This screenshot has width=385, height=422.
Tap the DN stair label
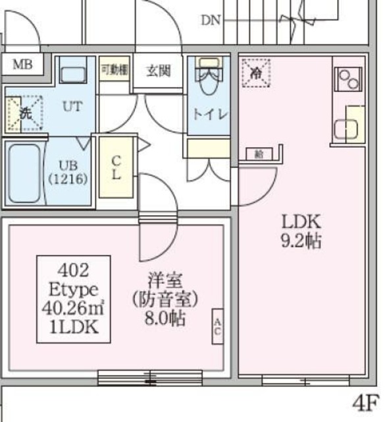tap(211, 20)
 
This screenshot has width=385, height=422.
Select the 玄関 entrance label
tap(158, 71)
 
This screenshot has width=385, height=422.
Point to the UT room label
tap(72, 106)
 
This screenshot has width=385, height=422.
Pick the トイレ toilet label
tap(209, 113)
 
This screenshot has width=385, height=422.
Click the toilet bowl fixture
tap(209, 83)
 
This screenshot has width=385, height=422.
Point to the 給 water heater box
tap(259, 154)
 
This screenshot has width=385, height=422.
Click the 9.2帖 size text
tap(301, 241)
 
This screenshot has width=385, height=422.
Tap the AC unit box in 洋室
tap(218, 327)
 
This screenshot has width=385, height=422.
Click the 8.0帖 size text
tap(164, 318)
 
